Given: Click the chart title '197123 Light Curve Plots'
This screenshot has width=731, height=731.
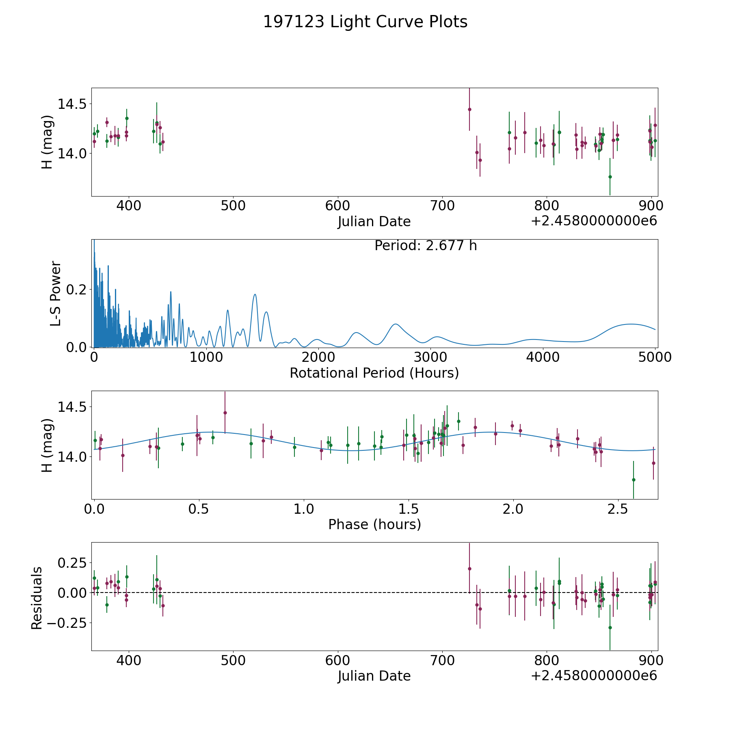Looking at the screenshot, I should [x=365, y=22].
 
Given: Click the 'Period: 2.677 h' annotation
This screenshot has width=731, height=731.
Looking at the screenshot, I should [x=426, y=246].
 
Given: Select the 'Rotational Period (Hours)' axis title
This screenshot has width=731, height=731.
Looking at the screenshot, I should [x=374, y=373].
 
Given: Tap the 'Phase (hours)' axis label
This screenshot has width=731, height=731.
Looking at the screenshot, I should [x=374, y=524].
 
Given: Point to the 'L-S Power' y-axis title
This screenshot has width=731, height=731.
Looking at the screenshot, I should [x=56, y=293].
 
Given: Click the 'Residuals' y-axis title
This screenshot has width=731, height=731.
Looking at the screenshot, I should [x=37, y=598].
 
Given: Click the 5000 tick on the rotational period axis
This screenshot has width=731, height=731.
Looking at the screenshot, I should [x=655, y=357].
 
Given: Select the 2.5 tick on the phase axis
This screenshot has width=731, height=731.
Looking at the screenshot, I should [x=618, y=509].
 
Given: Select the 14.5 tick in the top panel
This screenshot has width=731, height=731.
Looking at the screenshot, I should [x=72, y=104].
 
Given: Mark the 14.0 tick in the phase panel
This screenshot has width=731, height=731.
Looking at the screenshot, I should [x=72, y=457].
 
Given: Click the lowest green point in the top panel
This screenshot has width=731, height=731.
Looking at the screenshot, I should [x=610, y=177].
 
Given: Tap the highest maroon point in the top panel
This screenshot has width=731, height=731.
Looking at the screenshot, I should [x=469, y=109].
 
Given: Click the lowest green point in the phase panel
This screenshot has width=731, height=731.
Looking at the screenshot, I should [x=634, y=480].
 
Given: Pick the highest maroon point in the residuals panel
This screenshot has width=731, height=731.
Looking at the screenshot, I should [x=469, y=569].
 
